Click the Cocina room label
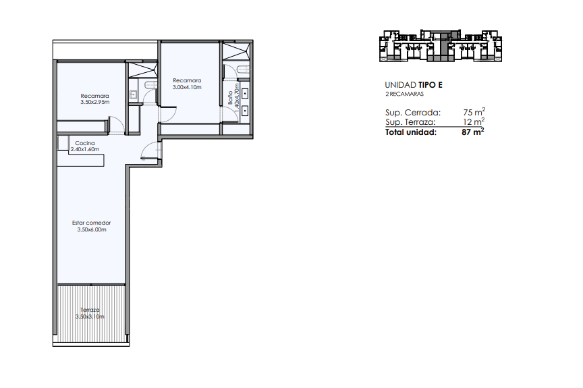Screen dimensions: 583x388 85,143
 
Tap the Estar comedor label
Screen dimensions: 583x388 92,223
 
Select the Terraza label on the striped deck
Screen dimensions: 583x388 90,310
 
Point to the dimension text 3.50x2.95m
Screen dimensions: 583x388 95,102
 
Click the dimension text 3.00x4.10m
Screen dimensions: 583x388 187,87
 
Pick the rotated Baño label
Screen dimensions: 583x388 231,97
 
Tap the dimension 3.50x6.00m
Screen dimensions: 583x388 92,229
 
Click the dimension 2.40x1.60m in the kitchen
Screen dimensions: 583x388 85,149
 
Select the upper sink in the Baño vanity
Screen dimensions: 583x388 245,93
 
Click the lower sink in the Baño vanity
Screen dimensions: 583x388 245,111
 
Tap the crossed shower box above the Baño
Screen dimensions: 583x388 235,51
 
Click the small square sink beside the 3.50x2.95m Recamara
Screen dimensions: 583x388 133,95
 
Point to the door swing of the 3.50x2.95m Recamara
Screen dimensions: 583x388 116,125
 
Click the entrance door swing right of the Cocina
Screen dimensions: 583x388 150,151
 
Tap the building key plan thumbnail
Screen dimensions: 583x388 441,46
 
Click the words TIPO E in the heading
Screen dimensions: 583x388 431,85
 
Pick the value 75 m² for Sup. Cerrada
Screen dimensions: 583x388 474,112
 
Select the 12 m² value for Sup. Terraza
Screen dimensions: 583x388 474,121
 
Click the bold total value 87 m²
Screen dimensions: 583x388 473,132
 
